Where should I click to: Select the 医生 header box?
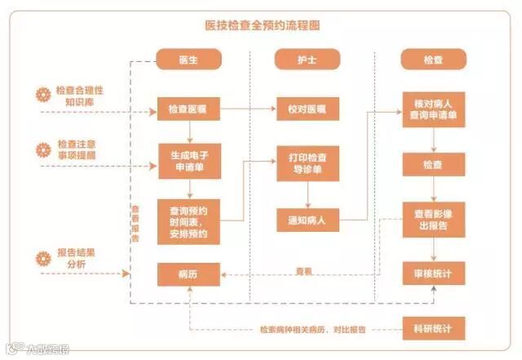point(189,60)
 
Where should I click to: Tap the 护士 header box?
point(307,60)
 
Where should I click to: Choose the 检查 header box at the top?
point(433,60)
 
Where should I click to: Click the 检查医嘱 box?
point(189,109)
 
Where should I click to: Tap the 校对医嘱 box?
point(307,109)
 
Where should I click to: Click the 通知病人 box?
point(307,219)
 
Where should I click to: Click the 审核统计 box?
point(433,273)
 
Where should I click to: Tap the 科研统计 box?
point(433,328)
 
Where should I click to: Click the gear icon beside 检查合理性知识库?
point(43,94)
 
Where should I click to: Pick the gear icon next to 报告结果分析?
point(43,259)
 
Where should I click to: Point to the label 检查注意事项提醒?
point(81,149)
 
